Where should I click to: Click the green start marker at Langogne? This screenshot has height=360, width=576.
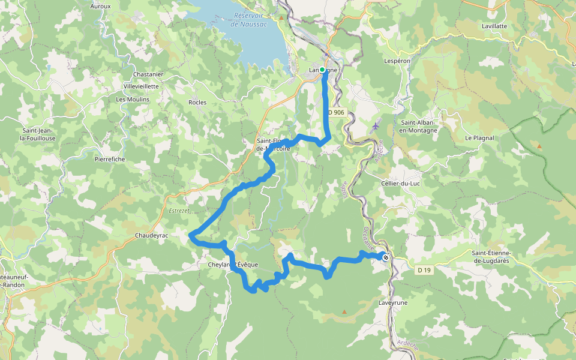[x=322, y=70]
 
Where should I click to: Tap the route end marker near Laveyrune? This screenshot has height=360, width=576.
[x=385, y=257]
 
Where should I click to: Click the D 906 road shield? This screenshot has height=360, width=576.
[x=336, y=112]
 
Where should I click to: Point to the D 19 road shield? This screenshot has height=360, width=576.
[x=424, y=271]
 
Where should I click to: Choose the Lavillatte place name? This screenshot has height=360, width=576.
[x=494, y=26]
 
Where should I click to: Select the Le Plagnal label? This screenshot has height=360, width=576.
[x=479, y=138]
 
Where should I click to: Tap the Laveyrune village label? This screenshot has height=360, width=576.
[x=393, y=303]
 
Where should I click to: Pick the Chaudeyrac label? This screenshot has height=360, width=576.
[x=152, y=236]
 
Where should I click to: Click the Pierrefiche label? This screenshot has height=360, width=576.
[x=110, y=160]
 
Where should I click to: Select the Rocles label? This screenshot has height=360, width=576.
[x=197, y=103]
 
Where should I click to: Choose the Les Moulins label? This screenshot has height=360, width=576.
[x=133, y=100]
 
